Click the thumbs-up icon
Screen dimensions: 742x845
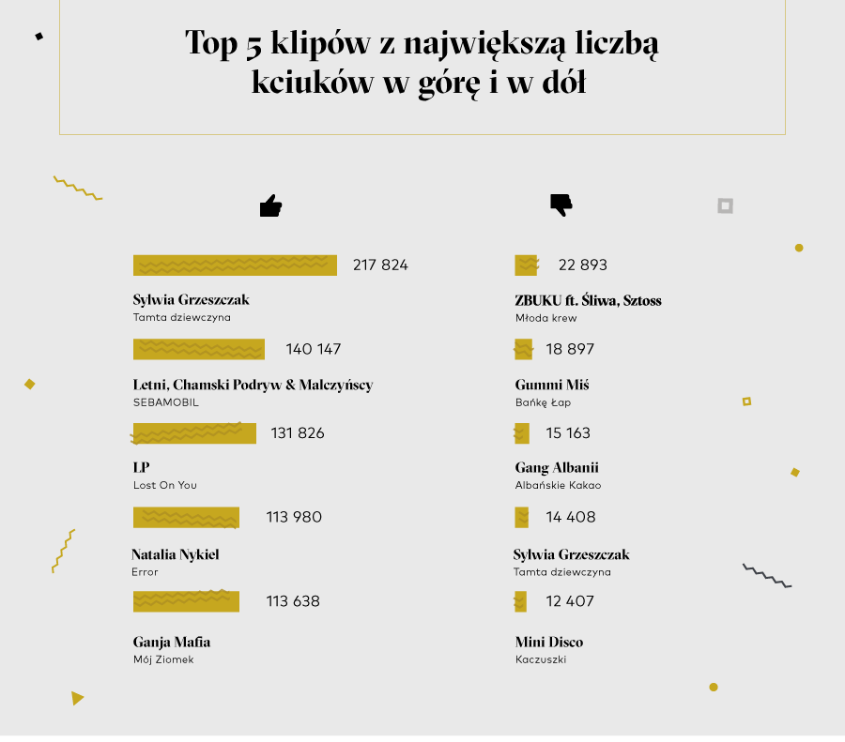(x=270, y=206)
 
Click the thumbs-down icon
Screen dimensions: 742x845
(x=561, y=204)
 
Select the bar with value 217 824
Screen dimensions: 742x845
(x=235, y=265)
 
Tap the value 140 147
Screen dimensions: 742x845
(x=314, y=349)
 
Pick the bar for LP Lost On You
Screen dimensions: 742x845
(x=194, y=433)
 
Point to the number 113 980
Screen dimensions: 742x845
(x=294, y=517)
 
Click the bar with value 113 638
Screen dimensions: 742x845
(x=186, y=601)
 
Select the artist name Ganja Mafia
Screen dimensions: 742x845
(x=172, y=643)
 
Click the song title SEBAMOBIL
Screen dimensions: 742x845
(x=166, y=402)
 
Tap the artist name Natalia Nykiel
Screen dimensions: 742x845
(x=176, y=554)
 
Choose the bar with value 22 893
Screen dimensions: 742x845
(x=526, y=265)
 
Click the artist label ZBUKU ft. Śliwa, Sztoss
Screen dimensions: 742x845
(x=589, y=300)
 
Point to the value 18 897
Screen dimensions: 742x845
(x=570, y=349)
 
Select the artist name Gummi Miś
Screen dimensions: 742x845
(x=552, y=385)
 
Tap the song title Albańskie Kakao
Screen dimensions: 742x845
(x=558, y=485)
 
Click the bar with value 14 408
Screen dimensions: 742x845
(x=521, y=517)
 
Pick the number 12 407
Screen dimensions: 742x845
(x=570, y=601)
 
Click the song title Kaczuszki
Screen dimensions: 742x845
(x=541, y=659)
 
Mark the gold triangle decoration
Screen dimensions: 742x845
(x=77, y=698)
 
